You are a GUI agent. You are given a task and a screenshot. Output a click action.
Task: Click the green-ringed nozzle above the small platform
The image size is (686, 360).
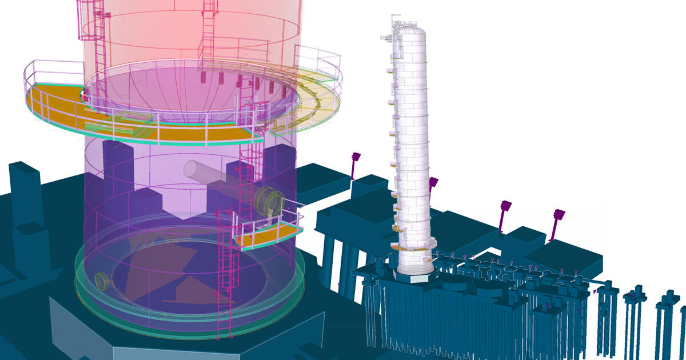[x=270, y=201]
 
